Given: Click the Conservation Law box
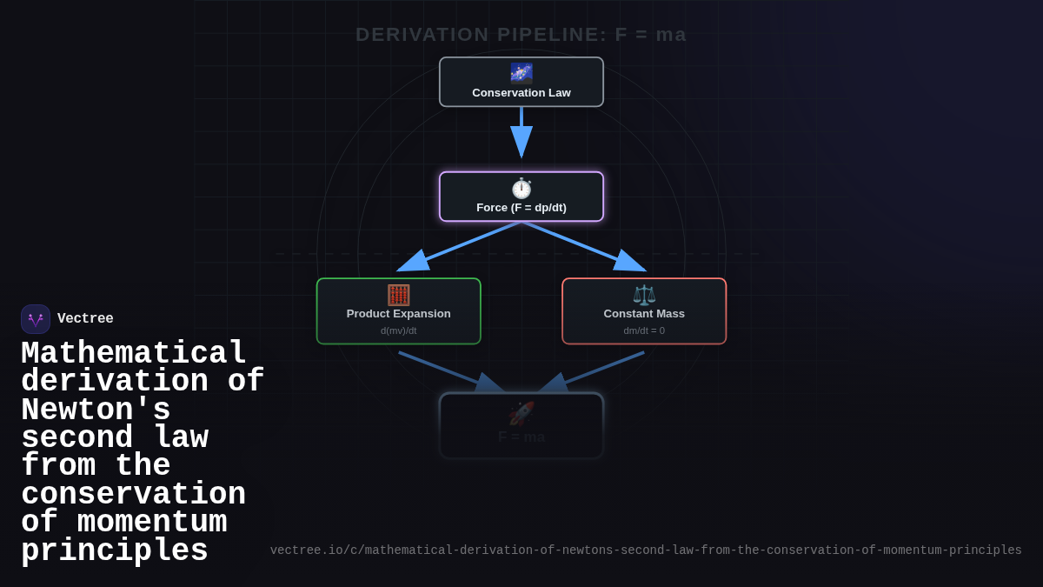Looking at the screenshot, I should tap(521, 82).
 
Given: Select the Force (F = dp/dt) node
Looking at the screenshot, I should tap(521, 197).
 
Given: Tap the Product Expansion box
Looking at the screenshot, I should tap(398, 311).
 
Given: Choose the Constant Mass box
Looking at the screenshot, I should tap(644, 311).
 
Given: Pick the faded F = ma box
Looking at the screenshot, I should tap(521, 426).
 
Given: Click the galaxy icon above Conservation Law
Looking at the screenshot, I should tap(521, 72).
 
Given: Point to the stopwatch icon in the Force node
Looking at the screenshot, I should tap(521, 188).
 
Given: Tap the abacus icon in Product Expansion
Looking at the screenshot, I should tap(398, 295).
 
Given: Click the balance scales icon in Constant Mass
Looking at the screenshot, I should tap(644, 295).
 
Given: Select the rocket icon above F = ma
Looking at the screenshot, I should tap(521, 413).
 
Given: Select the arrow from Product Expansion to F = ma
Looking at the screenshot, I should tap(452, 372).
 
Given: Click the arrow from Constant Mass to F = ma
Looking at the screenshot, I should tap(591, 372).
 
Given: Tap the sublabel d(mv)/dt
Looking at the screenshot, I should tap(398, 330).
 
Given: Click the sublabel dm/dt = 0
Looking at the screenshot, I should tap(644, 330).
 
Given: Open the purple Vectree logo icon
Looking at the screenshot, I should tap(36, 319).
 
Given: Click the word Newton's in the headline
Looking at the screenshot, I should tap(96, 410).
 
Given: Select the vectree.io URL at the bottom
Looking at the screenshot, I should tap(646, 550).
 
